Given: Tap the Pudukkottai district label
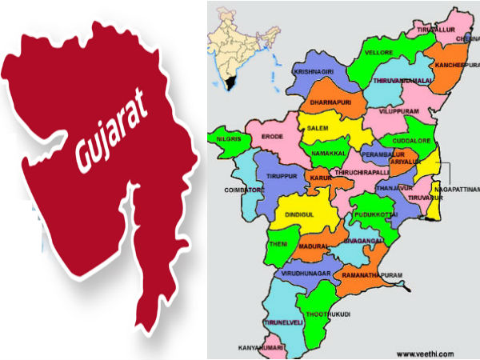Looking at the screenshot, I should pyautogui.click(x=374, y=215).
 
